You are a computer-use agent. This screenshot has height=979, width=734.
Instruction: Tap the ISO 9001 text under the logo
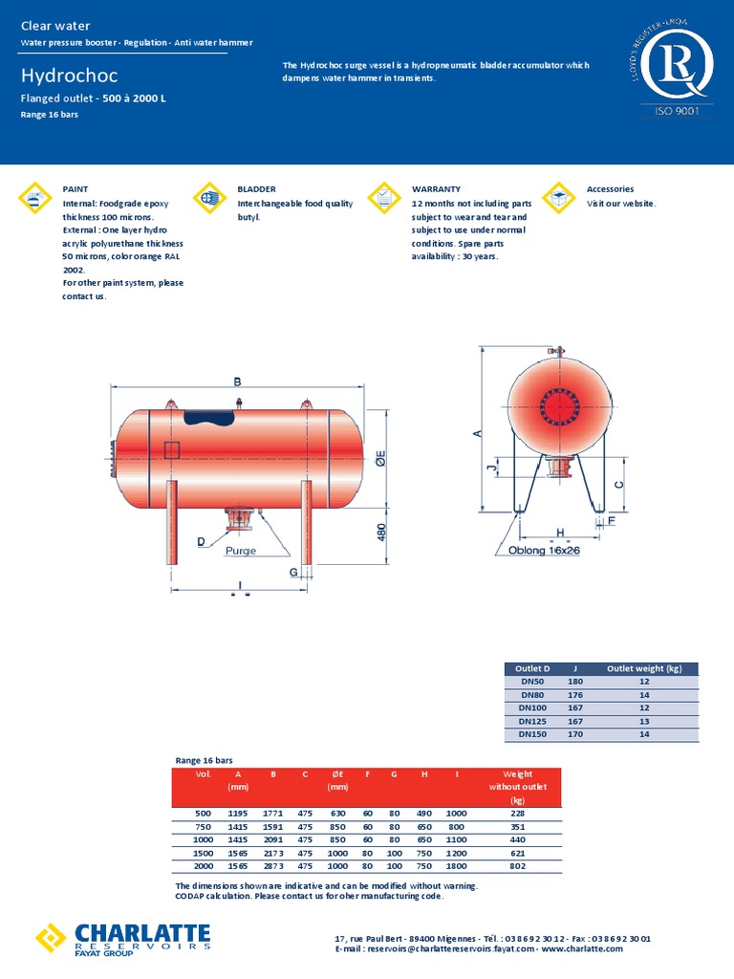click(677, 112)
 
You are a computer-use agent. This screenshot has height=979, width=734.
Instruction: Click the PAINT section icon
click(35, 198)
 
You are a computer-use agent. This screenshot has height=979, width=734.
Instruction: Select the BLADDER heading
click(256, 189)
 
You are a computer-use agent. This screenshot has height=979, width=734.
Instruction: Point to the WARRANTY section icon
click(384, 198)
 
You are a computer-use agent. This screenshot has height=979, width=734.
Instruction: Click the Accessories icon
click(558, 198)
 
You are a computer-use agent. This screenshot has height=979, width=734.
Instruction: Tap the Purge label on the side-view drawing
click(241, 551)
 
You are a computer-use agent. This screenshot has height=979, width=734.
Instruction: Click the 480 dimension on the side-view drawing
click(382, 532)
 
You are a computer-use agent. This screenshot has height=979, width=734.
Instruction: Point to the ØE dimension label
click(379, 458)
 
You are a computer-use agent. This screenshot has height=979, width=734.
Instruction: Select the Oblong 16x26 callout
click(537, 551)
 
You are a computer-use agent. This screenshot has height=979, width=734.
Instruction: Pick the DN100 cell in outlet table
click(532, 708)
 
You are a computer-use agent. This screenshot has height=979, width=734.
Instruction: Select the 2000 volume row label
click(203, 865)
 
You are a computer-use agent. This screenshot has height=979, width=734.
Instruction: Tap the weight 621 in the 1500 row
click(518, 852)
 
